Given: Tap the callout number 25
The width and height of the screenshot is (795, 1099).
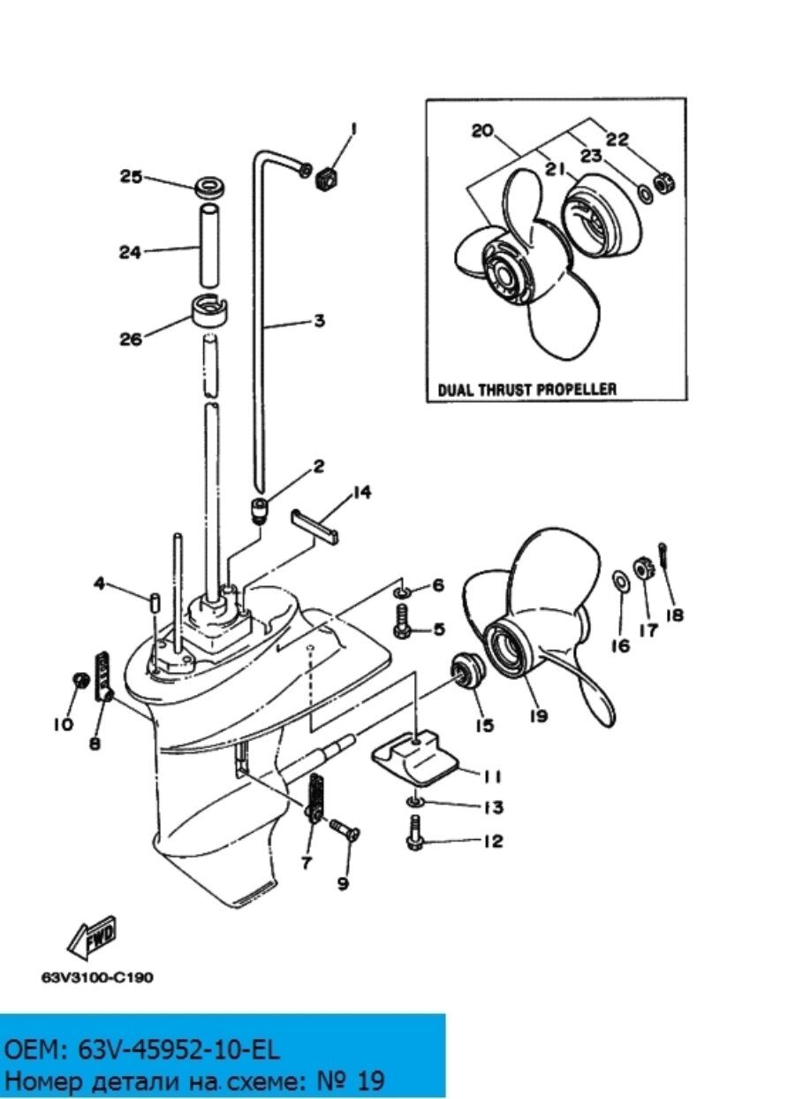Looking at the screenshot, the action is pos(132,177).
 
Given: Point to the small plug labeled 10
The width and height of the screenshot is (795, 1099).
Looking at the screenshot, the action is pos(79,680).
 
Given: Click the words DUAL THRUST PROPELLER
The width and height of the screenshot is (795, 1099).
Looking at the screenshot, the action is pos(526,390).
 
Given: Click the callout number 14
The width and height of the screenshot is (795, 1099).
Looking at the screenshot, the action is pos(360,492).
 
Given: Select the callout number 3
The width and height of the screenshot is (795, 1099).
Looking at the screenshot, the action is pos(319,321).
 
